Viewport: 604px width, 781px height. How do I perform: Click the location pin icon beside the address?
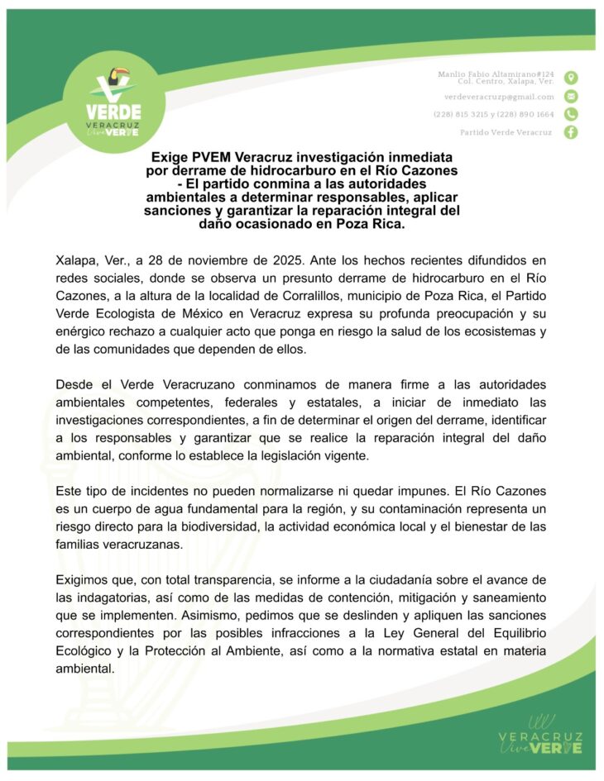point(571,78)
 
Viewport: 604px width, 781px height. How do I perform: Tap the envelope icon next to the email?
point(571,97)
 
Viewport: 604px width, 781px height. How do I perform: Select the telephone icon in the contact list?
point(571,114)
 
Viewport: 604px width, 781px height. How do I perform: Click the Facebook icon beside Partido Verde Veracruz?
point(571,132)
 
